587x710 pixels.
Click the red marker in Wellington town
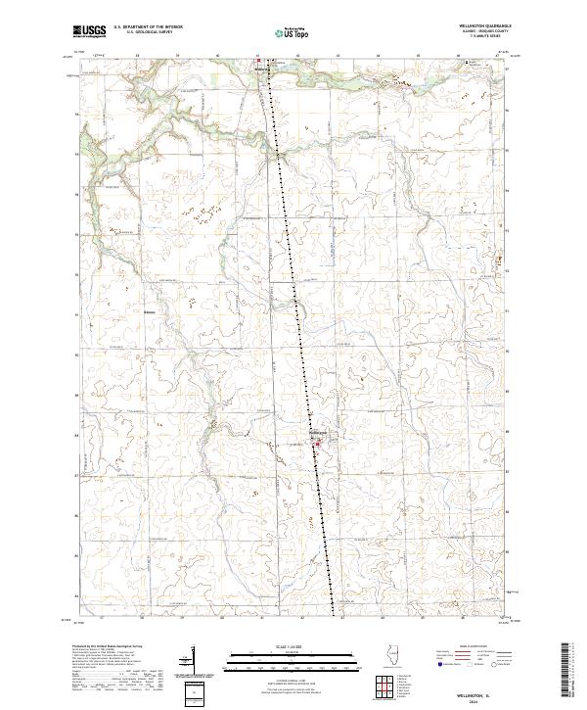tap(316, 447)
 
